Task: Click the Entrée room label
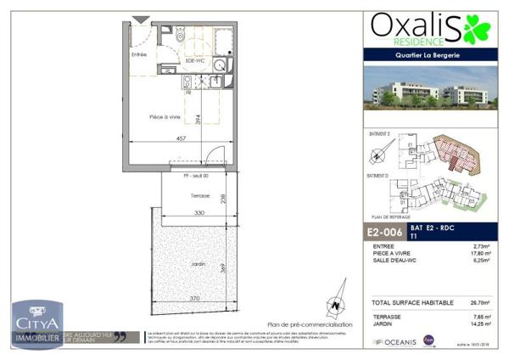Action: click(139, 55)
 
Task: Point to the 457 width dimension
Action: click(181, 138)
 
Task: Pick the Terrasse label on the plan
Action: click(176, 195)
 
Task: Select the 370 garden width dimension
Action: click(194, 299)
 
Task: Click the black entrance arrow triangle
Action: click(139, 20)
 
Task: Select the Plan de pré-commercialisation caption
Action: click(310, 323)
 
